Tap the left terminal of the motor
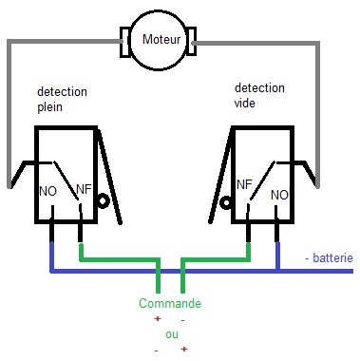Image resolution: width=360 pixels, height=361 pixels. [x=123, y=41]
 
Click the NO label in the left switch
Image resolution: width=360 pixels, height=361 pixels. [x=48, y=191]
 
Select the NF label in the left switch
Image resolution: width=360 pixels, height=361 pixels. [x=84, y=191]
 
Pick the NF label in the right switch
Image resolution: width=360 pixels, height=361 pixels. [x=244, y=182]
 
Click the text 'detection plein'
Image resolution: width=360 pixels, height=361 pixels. [x=62, y=99]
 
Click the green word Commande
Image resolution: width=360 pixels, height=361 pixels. [x=170, y=303]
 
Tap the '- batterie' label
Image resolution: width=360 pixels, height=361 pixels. [x=328, y=258]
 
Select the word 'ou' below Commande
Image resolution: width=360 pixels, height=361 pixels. [x=171, y=334]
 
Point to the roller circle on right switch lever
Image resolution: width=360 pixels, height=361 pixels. [x=225, y=202]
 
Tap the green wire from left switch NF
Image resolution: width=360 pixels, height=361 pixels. [x=119, y=257]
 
